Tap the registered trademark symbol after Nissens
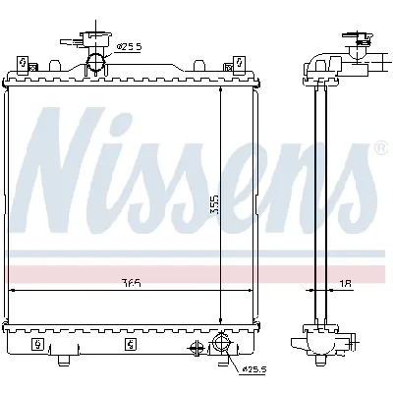pyautogui.click(x=381, y=148)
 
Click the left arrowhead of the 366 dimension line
pyautogui.click(x=13, y=291)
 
